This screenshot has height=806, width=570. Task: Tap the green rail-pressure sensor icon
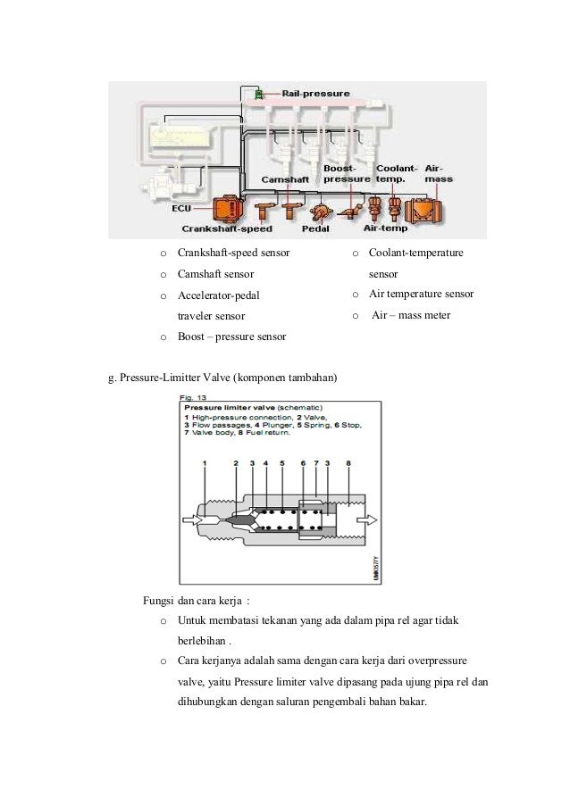[x=258, y=94]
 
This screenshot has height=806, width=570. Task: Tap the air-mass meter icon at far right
[x=428, y=211]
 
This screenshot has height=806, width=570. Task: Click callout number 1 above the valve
[x=205, y=463]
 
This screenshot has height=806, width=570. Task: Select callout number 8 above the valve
[x=348, y=463]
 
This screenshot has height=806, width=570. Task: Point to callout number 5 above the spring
[x=281, y=463]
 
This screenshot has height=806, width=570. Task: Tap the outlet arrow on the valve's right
[x=370, y=520]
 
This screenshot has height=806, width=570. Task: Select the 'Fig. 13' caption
[x=195, y=396]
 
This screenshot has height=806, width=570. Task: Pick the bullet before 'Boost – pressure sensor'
[x=162, y=337]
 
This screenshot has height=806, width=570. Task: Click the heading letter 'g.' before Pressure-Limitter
[x=112, y=378]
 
